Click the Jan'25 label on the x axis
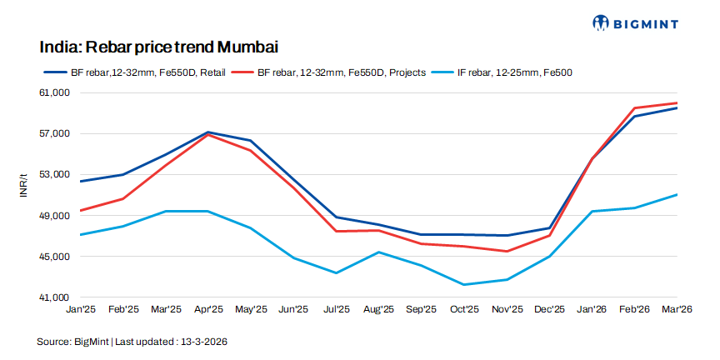pos(80,310)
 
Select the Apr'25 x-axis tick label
pos(208,310)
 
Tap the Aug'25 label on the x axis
pos(378,310)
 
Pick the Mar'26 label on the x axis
pos(677,310)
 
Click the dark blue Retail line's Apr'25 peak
pos(208,132)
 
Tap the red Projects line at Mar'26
pos(677,102)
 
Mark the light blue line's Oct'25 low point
pos(464,285)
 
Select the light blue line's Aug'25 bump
pos(378,252)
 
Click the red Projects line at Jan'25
pos(81,211)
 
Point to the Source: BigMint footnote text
pos(132,342)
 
